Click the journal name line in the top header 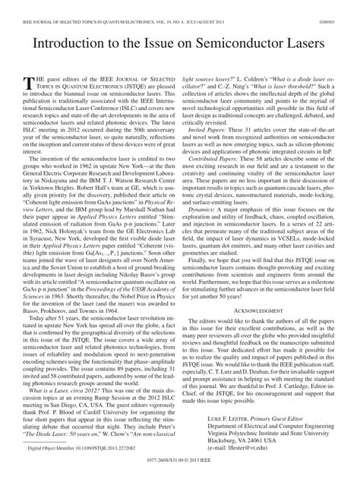point(114,6)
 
